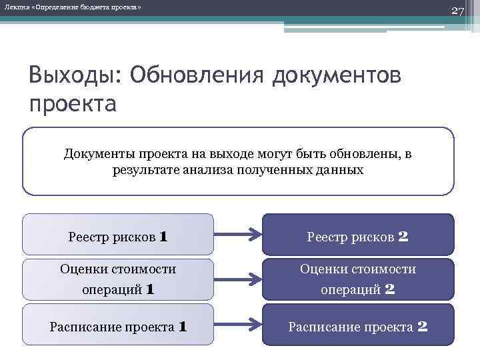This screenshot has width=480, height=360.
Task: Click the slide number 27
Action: (x=457, y=11)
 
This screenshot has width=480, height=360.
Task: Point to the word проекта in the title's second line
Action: (x=73, y=104)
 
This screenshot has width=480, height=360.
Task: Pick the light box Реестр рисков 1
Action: (x=118, y=235)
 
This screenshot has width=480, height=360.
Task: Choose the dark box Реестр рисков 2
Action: (x=357, y=235)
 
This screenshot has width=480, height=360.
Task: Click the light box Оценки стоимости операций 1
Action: (x=118, y=279)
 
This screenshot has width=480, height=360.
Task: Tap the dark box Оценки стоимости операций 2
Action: (x=357, y=279)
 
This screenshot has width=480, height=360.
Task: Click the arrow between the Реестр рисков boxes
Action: (x=238, y=235)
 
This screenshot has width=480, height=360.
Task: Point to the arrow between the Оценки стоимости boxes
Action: (x=238, y=279)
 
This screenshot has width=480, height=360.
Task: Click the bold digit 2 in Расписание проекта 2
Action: (x=422, y=327)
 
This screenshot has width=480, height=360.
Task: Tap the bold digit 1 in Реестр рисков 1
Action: (x=163, y=236)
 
